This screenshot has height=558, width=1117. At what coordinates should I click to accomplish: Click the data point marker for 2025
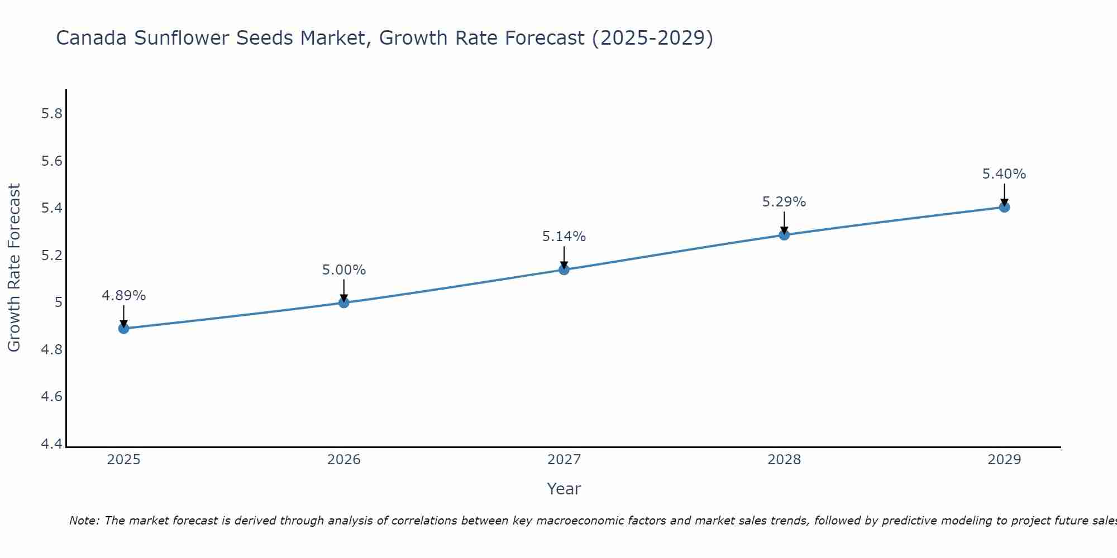124,329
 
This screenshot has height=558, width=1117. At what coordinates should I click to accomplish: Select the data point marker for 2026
344,302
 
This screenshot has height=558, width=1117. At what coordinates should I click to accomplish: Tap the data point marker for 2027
564,270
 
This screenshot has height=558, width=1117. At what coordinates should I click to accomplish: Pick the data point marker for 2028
784,235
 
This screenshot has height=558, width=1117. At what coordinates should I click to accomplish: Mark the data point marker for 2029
1004,207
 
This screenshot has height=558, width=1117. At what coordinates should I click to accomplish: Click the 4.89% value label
124,296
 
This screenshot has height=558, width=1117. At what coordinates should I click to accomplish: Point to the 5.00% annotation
344,270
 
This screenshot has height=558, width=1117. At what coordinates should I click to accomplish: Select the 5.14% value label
564,237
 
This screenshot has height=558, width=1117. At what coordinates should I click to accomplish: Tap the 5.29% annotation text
784,202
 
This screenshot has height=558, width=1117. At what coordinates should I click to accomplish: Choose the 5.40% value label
1004,174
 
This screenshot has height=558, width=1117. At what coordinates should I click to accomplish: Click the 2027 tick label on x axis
564,460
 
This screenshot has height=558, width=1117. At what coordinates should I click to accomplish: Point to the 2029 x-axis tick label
1004,460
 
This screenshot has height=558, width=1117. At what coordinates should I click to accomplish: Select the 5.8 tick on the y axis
52,114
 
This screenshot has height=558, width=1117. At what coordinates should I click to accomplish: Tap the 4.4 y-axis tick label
52,444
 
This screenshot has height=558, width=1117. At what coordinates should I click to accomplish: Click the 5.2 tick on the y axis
52,256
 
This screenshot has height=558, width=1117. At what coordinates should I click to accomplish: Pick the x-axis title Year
564,489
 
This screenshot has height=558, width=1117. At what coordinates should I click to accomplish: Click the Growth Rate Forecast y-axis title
14,268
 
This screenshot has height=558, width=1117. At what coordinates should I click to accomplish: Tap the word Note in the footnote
84,521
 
